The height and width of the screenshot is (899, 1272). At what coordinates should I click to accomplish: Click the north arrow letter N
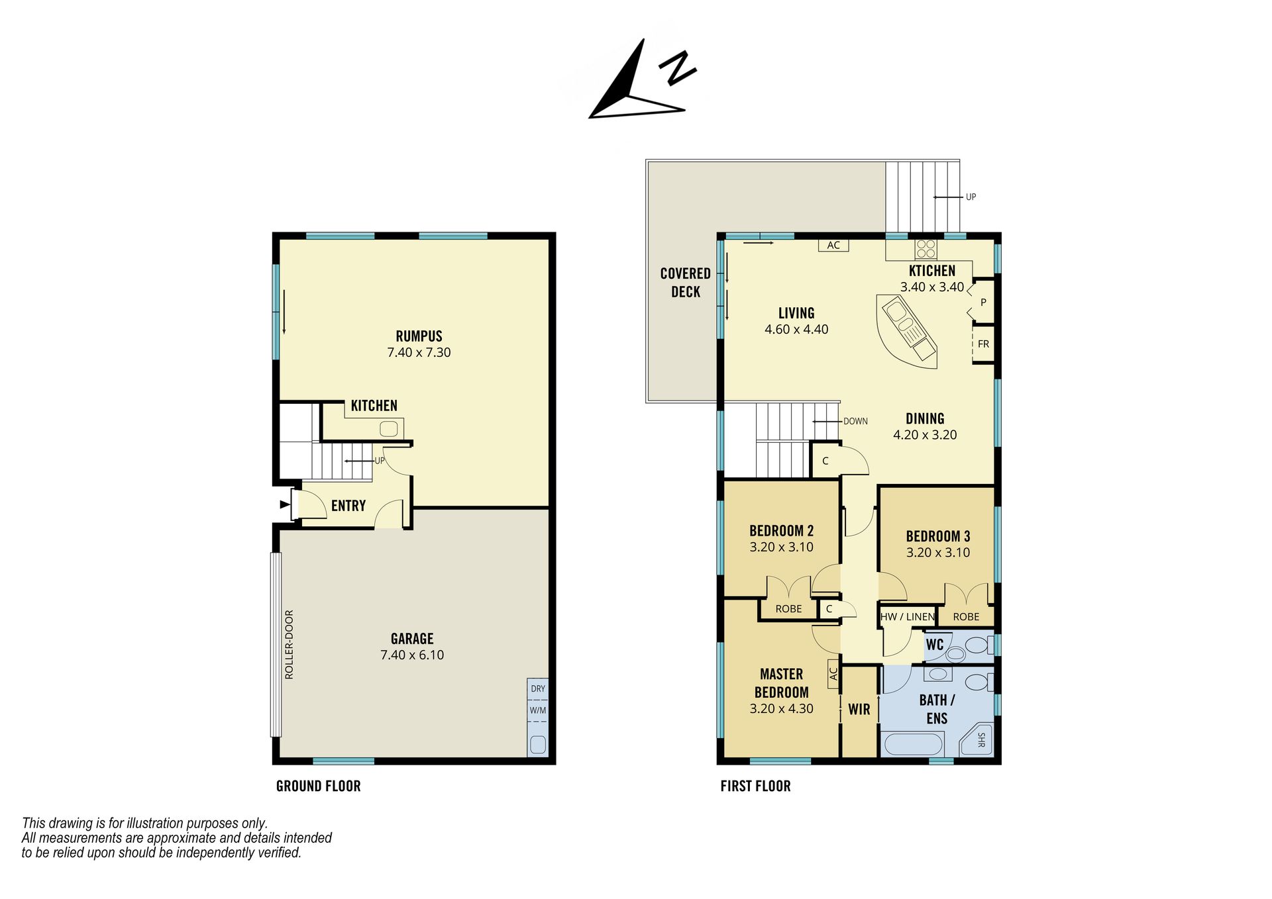[x=677, y=68]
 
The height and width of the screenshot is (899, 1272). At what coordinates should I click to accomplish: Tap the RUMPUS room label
[x=419, y=336]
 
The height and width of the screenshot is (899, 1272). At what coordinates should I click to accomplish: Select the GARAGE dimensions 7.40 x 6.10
[x=412, y=655]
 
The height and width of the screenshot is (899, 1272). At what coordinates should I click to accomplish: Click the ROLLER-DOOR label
[x=289, y=644]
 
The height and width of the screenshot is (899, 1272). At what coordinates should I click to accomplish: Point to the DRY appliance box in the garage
[x=538, y=688]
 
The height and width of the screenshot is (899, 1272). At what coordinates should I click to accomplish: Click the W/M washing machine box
[x=538, y=710]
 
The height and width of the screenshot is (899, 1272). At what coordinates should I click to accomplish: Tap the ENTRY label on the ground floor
[x=348, y=506]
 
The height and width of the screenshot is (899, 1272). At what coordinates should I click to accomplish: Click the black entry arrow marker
[x=286, y=504]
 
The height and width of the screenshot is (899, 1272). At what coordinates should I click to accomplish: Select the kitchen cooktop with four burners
[x=926, y=249]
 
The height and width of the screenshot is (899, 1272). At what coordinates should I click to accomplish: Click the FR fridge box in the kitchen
[x=983, y=344]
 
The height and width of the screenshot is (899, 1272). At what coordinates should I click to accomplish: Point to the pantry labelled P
[x=983, y=302]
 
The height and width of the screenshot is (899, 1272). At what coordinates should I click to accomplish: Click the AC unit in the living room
[x=833, y=245]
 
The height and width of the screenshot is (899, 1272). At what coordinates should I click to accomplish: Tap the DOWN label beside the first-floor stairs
[x=855, y=421]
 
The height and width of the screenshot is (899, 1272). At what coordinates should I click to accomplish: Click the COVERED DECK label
[x=686, y=283]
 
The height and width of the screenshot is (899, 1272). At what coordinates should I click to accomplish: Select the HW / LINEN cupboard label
[x=908, y=617]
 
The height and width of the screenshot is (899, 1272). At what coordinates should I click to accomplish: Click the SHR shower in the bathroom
[x=979, y=740]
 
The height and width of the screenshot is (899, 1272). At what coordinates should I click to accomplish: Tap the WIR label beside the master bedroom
[x=859, y=710]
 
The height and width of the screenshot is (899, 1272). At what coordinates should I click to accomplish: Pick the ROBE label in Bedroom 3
[x=966, y=617]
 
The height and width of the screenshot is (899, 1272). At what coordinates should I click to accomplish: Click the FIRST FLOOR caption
[x=755, y=786]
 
